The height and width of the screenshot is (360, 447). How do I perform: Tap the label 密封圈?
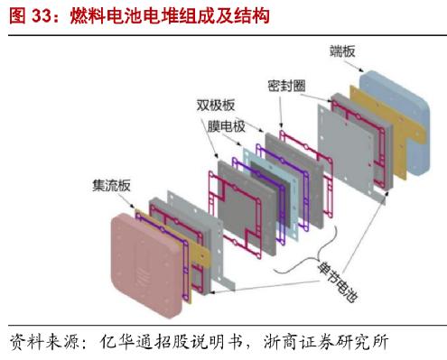coord(286,84)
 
